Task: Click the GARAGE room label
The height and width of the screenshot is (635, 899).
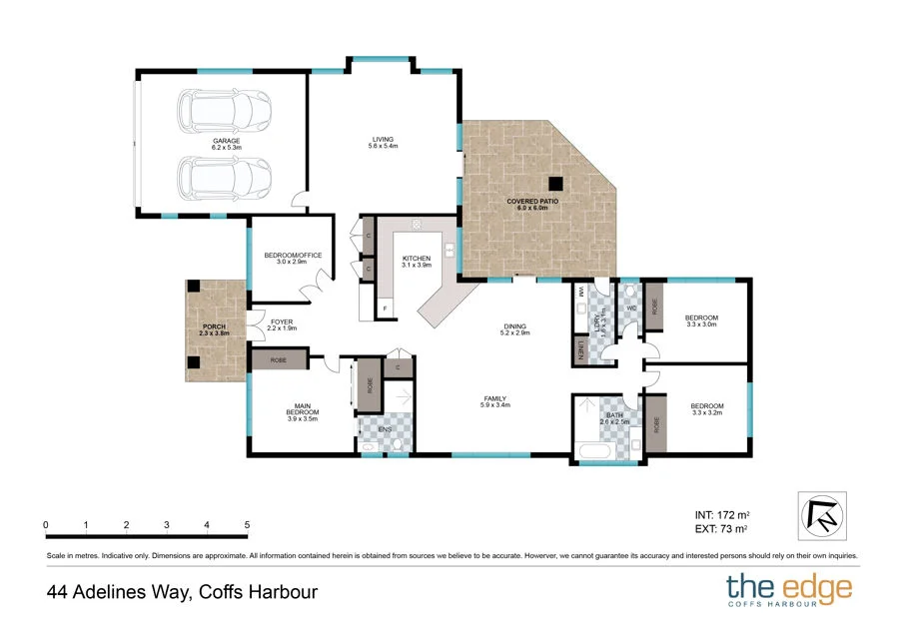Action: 225,142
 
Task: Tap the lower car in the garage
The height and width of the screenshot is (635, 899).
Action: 225,179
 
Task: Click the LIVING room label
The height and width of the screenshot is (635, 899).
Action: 383,139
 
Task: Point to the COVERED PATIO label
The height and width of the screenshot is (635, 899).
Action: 532,201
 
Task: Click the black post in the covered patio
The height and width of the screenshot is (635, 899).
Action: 555,183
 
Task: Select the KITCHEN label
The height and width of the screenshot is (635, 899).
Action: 416,259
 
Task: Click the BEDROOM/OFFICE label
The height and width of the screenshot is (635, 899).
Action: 293,256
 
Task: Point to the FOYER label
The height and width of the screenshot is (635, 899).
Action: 283,321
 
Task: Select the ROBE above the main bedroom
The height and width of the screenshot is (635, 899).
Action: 279,360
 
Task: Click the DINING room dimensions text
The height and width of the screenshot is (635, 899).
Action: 514,332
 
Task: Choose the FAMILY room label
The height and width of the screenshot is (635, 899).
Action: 495,397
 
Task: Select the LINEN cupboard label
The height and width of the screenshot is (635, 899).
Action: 581,350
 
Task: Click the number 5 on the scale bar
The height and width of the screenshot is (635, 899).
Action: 246,524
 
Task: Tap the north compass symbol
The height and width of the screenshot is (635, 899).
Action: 823,515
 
